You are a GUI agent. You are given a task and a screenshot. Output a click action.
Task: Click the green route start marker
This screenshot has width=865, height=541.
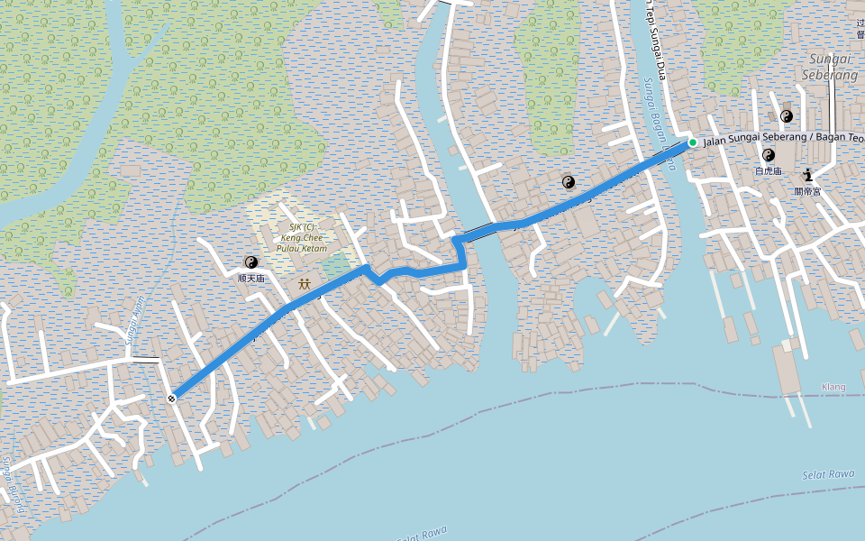point(692,142)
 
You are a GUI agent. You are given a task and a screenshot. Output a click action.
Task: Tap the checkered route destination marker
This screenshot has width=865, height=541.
point(171,397)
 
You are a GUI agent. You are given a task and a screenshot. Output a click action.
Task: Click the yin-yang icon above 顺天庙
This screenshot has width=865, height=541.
point(251,262)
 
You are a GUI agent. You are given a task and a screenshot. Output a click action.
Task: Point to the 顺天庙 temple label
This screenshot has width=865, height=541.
point(251,279)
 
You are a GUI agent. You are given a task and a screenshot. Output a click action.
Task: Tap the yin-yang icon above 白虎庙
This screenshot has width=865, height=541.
point(769,155)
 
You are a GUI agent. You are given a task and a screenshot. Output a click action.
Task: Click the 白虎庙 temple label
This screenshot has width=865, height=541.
point(769,170)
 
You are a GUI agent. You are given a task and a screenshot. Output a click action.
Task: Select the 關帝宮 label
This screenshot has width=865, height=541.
point(806,191)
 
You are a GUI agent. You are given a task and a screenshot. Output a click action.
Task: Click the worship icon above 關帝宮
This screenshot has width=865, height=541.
point(807,176)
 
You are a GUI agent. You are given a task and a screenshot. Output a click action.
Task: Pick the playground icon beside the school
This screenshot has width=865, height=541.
point(305,284)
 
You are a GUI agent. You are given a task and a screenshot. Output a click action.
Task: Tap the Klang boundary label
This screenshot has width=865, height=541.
point(833,387)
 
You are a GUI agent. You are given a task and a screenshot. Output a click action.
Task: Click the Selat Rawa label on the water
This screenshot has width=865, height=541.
point(827,474)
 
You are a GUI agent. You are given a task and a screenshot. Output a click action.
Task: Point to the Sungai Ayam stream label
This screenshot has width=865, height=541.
point(135,321)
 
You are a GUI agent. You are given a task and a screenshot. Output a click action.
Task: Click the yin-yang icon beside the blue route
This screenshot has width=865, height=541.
point(569,182)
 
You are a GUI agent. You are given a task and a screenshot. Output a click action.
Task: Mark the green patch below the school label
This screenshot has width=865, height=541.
point(335,266)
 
